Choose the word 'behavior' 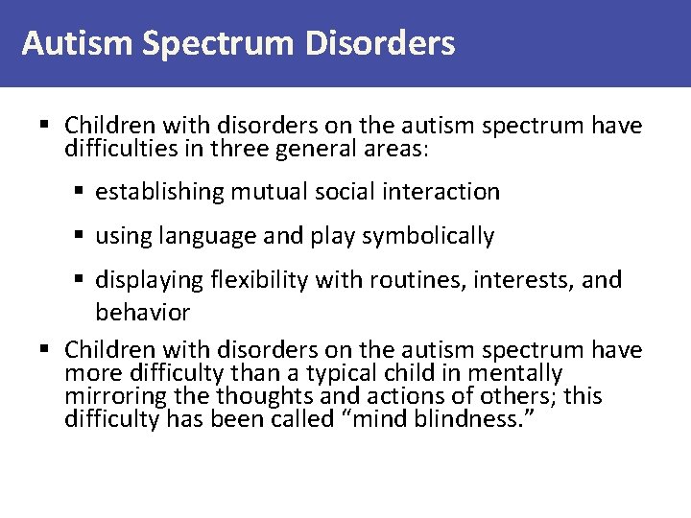pos(142,313)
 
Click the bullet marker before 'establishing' pos(82,193)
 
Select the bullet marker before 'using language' pos(82,237)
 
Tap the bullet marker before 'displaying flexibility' pos(82,281)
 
